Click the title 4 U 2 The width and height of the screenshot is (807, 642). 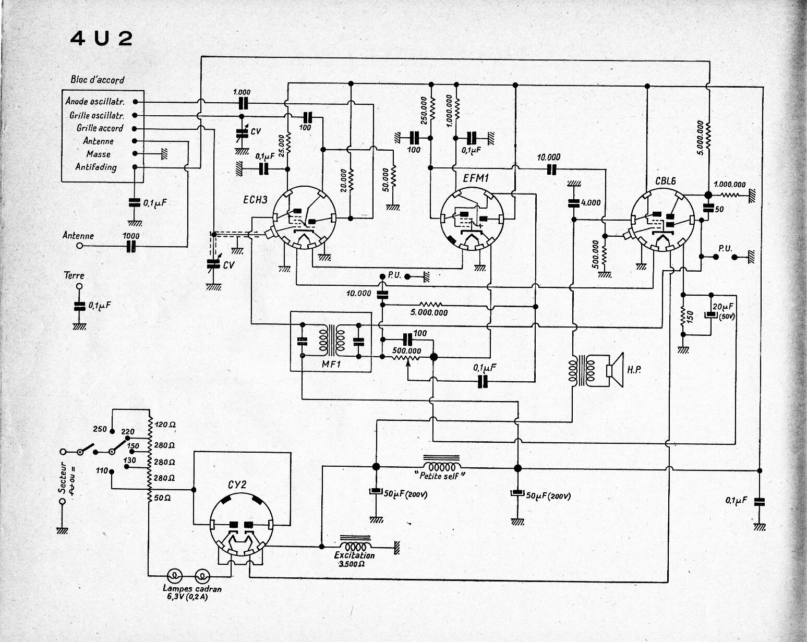click(x=101, y=39)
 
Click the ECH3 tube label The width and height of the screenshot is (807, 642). click(x=255, y=200)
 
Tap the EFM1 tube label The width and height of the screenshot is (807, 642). click(x=476, y=178)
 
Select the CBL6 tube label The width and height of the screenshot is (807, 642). click(x=665, y=181)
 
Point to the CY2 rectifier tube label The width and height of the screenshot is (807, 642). click(x=237, y=484)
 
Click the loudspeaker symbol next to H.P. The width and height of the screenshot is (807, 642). click(x=615, y=370)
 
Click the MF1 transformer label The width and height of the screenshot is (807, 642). click(x=331, y=364)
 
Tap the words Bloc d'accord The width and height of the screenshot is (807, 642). click(x=97, y=79)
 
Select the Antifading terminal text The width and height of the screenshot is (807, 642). click(x=96, y=167)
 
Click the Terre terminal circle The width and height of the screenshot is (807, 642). click(x=79, y=286)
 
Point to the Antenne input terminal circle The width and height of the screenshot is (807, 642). click(x=79, y=246)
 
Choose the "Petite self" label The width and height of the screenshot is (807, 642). click(x=440, y=476)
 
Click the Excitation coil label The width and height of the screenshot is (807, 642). click(x=354, y=555)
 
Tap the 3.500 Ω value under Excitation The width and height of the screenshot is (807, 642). click(x=352, y=564)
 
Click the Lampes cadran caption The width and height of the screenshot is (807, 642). click(x=192, y=589)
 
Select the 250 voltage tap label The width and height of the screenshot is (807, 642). click(x=100, y=429)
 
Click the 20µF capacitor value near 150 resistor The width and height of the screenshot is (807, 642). click(x=722, y=307)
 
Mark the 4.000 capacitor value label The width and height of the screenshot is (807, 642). click(x=591, y=203)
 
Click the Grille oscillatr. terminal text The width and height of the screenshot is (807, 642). click(x=97, y=115)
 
